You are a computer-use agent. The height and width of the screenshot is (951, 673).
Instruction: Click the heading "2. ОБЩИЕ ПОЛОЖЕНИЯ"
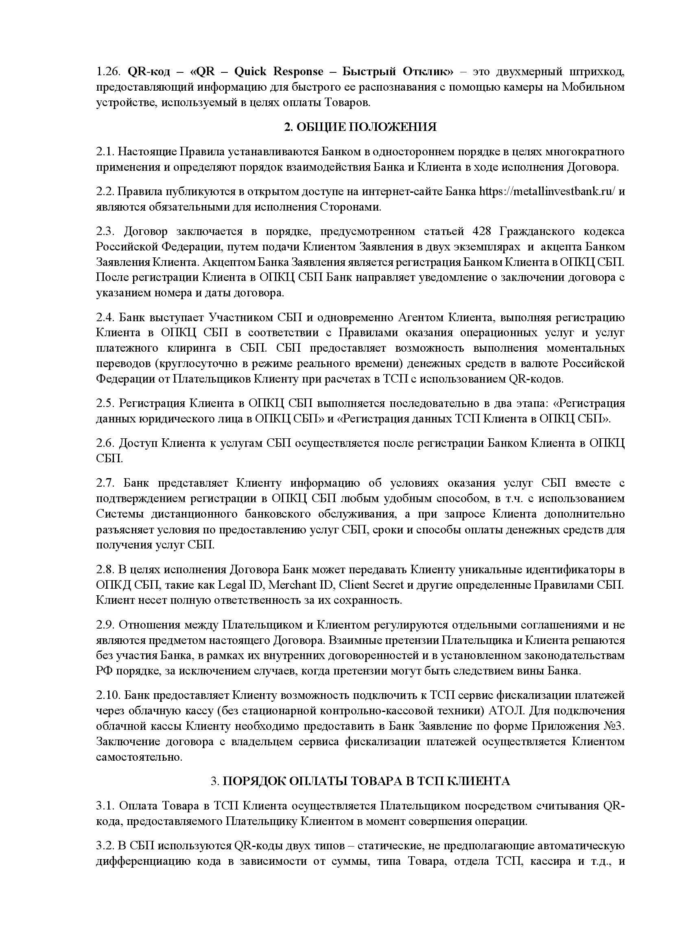pos(360,127)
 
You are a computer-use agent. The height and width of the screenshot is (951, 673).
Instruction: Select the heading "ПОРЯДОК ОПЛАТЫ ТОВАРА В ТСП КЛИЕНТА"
pos(366,781)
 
